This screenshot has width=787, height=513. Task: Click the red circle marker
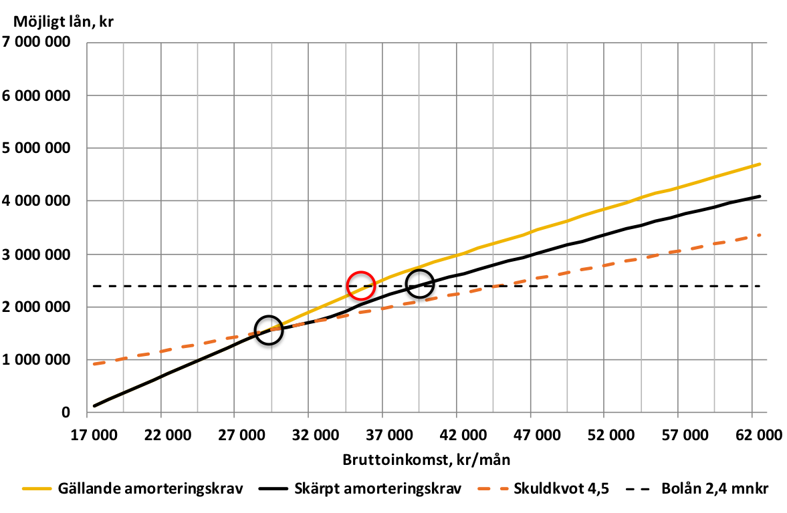point(361,285)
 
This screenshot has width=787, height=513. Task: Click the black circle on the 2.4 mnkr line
point(420,283)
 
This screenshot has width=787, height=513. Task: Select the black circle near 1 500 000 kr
point(269,330)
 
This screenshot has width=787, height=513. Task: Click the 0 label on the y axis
point(66,413)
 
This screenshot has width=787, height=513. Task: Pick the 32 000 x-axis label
point(310,436)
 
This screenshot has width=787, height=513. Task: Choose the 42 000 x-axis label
point(457,436)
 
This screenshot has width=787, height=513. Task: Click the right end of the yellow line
point(760,164)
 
